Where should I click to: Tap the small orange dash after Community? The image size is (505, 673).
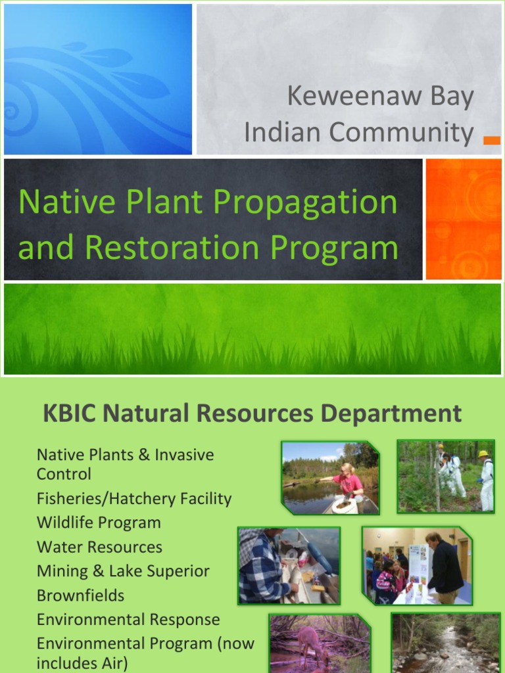click(491, 139)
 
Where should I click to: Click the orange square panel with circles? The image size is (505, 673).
click(464, 219)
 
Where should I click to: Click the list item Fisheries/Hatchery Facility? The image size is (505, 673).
click(134, 498)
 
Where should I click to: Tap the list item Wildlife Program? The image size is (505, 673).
click(99, 522)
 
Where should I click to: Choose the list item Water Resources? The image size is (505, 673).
click(99, 547)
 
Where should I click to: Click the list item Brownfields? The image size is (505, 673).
click(80, 595)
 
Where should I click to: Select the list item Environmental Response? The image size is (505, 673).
click(128, 620)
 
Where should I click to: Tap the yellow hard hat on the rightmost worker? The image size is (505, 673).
click(483, 453)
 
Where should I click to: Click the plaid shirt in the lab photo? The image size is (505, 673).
click(260, 569)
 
